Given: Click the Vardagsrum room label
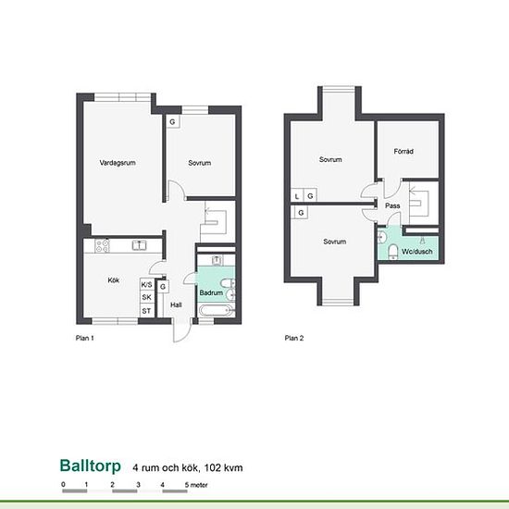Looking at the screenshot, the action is click(x=118, y=163).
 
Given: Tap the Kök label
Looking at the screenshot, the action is click(x=114, y=279).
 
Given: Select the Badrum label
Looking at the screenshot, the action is click(x=211, y=292).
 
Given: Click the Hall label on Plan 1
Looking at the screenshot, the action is click(x=176, y=304).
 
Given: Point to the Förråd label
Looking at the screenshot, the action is click(x=403, y=151).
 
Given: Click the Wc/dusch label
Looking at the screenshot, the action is click(x=416, y=251).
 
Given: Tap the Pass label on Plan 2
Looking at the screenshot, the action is click(x=392, y=205).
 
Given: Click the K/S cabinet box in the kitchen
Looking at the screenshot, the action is click(x=147, y=285).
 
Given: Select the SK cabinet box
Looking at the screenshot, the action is click(x=147, y=297).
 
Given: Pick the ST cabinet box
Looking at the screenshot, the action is click(x=147, y=311).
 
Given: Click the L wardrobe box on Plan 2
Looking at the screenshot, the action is click(x=297, y=196).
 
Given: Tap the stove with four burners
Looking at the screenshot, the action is click(x=102, y=246).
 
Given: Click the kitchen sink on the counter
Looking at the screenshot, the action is click(x=139, y=245).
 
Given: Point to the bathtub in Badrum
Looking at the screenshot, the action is click(x=217, y=311).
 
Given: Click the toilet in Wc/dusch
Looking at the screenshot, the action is click(x=393, y=253).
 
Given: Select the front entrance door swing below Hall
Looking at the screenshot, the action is click(x=182, y=332).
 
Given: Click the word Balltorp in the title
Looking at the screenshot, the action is click(x=91, y=466).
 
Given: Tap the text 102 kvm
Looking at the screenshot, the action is click(x=223, y=467).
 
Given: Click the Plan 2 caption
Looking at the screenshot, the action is click(x=294, y=338).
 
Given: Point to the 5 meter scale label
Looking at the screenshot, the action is click(x=196, y=485).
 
